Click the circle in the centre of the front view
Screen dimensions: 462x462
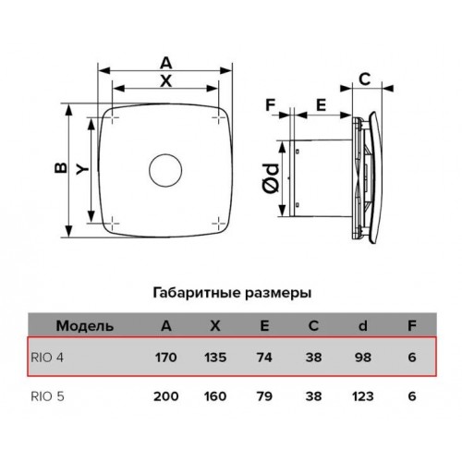point(150,170)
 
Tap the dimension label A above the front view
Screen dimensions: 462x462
point(165,64)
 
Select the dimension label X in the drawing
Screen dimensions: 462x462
point(166,81)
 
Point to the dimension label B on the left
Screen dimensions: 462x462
point(61,168)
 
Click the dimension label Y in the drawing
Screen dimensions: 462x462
point(82,170)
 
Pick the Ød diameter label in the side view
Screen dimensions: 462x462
point(271,178)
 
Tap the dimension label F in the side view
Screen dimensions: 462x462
point(270,105)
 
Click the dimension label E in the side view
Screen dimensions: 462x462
point(322,105)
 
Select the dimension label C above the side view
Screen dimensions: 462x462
point(365,79)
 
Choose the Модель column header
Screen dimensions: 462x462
point(85,326)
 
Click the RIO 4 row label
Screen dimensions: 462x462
point(47,358)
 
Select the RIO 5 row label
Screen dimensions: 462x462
point(47,396)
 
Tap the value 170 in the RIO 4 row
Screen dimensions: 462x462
point(165,358)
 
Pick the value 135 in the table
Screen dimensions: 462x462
point(215,358)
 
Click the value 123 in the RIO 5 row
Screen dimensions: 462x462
point(363,396)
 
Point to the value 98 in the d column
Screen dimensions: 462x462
point(363,358)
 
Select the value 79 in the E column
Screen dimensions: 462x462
point(264,396)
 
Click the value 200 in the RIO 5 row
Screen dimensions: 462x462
point(166,396)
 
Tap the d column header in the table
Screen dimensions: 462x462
point(363,325)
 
